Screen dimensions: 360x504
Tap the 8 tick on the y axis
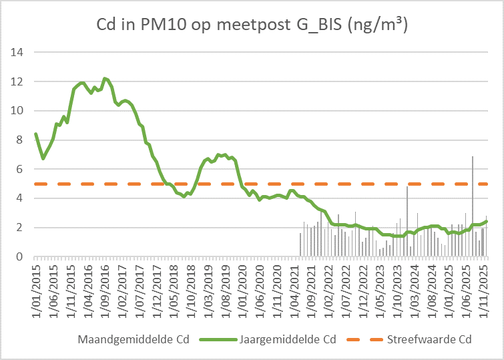pyautogui.click(x=21, y=140)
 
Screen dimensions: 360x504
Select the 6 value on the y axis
pyautogui.click(x=21, y=169)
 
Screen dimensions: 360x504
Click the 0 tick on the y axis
pyautogui.click(x=21, y=256)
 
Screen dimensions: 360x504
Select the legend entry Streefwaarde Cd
pyautogui.click(x=430, y=339)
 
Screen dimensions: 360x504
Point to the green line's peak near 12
pyautogui.click(x=105, y=78)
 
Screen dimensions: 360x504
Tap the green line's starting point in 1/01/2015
pyautogui.click(x=36, y=134)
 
